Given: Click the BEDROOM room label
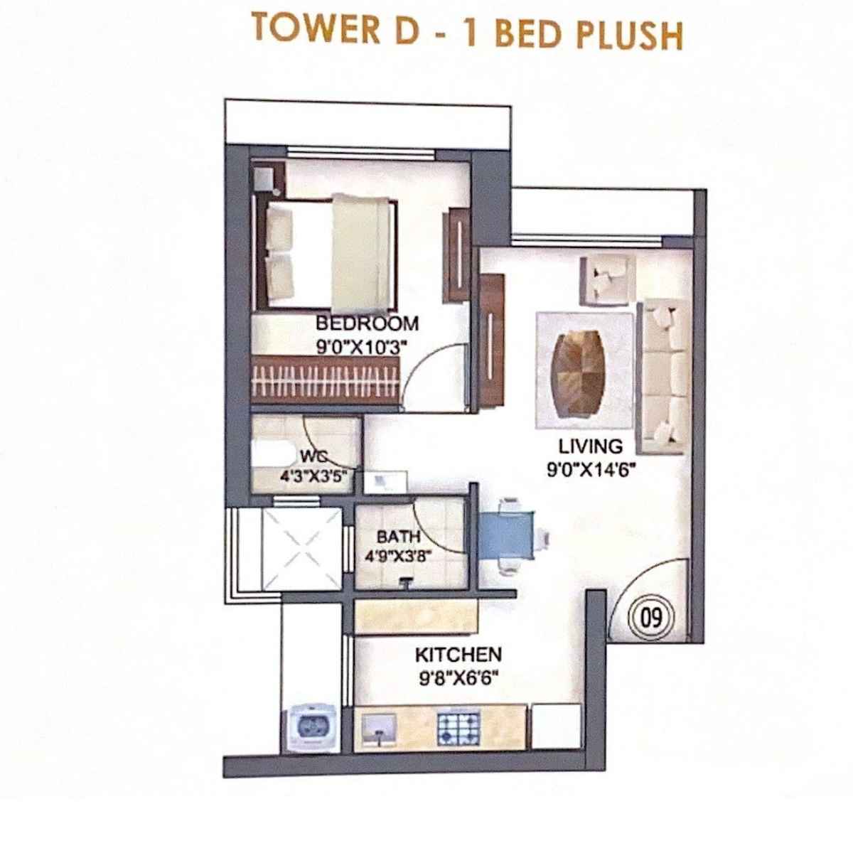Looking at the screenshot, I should [x=367, y=324].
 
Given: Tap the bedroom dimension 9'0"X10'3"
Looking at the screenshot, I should [x=367, y=348].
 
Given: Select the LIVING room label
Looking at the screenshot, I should [x=590, y=446].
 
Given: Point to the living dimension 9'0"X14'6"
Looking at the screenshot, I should [x=590, y=469].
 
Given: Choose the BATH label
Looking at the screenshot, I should [x=398, y=537].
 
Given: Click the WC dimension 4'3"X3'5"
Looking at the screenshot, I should [x=313, y=477].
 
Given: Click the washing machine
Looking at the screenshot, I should [x=309, y=728].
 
